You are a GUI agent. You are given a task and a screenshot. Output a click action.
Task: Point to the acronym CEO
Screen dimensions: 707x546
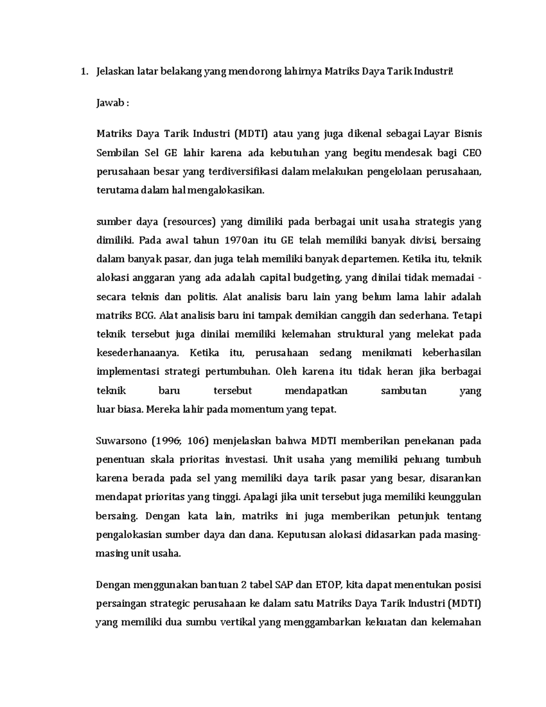pyautogui.click(x=471, y=153)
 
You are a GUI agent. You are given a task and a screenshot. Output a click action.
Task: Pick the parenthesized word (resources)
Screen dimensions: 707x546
pyautogui.click(x=188, y=222)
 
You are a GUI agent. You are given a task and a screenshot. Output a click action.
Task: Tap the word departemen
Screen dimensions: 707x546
pyautogui.click(x=370, y=259)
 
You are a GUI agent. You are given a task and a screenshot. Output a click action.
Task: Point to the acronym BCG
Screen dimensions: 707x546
pyautogui.click(x=145, y=315)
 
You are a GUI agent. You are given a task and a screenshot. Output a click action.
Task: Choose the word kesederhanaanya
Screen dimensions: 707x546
pyautogui.click(x=138, y=353)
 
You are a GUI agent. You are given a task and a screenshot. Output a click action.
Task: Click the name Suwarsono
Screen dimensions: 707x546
pyautogui.click(x=121, y=441)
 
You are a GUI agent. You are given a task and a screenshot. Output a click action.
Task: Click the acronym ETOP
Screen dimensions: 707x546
pyautogui.click(x=321, y=585)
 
